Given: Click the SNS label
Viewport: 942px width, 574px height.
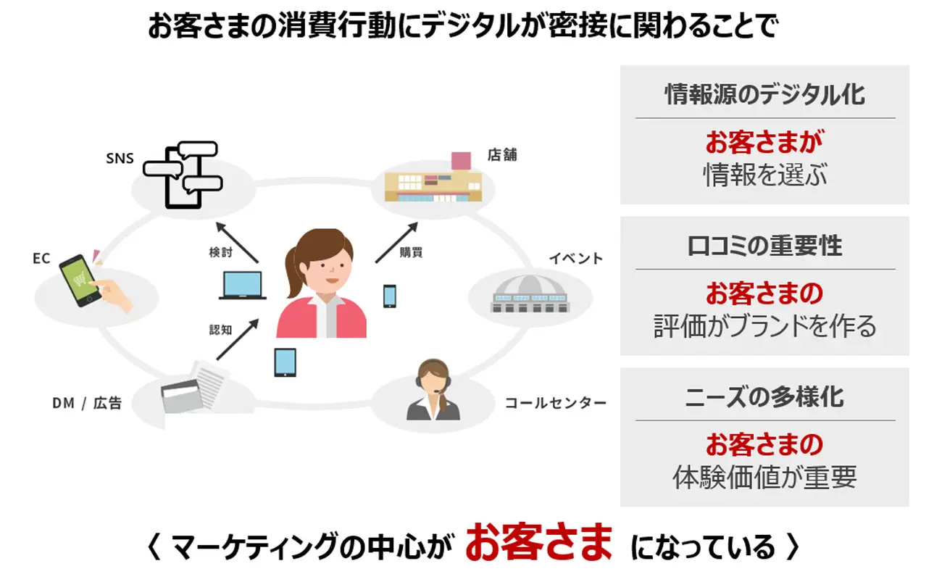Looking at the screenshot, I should (x=120, y=158).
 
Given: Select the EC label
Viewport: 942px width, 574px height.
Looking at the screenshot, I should (x=41, y=258).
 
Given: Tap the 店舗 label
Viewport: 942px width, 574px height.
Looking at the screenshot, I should (x=502, y=155).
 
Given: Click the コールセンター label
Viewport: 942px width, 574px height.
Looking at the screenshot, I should (x=555, y=403).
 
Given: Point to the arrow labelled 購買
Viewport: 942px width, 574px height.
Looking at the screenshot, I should (x=396, y=242).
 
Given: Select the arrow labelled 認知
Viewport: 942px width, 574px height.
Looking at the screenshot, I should (x=237, y=339).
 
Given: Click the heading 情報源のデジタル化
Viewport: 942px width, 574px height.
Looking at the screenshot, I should (x=764, y=94).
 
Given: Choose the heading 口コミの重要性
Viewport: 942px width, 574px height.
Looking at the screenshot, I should (x=764, y=246).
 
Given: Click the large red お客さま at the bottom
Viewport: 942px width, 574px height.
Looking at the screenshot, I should (x=538, y=544).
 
